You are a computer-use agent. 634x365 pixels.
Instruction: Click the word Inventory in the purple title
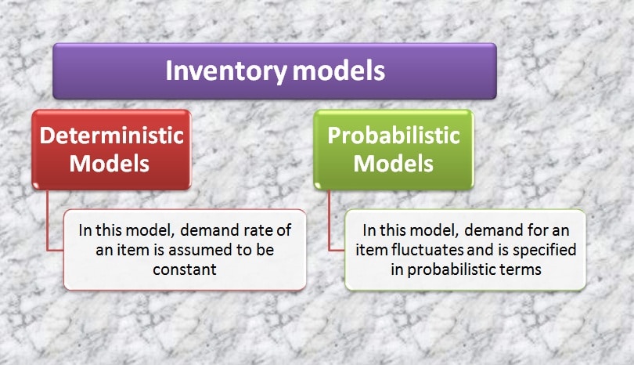(226, 71)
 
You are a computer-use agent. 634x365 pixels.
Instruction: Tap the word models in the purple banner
(338, 70)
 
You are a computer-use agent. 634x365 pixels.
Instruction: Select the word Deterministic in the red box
(112, 136)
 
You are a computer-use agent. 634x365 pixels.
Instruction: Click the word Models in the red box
(109, 164)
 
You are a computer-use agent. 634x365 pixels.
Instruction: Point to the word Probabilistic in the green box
(394, 136)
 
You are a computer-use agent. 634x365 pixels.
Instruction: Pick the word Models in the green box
(394, 164)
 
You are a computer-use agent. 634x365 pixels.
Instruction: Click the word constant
(185, 269)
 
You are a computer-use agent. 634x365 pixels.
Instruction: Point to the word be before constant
(265, 250)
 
